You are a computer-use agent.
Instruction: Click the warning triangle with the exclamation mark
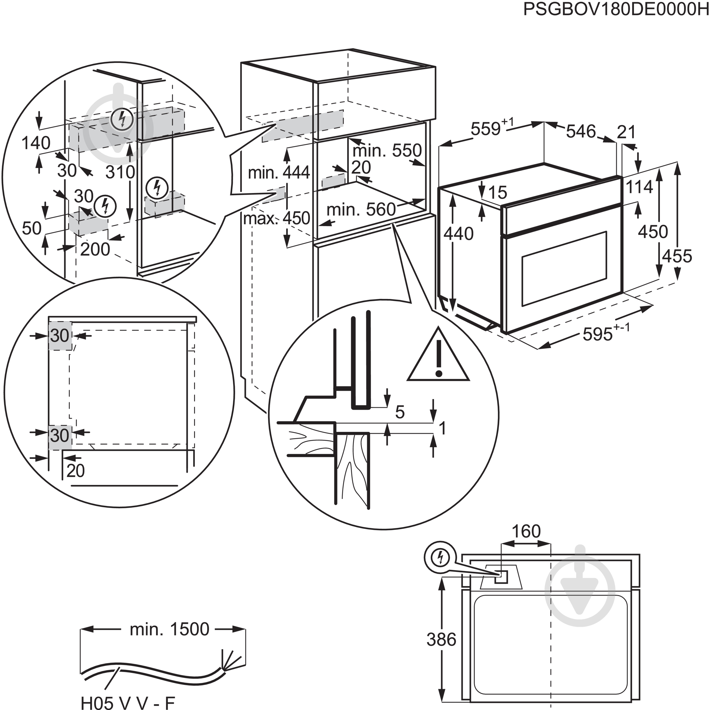click(438, 356)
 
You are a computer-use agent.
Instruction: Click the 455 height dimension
click(677, 256)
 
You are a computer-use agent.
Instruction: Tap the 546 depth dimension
click(581, 131)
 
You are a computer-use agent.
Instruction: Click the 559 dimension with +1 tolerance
click(487, 129)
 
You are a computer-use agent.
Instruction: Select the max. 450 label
click(276, 218)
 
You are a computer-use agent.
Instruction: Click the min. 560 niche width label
click(361, 210)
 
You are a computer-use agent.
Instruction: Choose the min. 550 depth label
click(387, 150)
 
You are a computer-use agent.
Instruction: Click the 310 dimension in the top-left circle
click(120, 172)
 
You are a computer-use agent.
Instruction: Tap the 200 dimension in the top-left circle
click(95, 250)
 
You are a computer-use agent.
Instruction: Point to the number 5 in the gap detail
click(399, 412)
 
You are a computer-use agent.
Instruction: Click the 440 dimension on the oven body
click(458, 234)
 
